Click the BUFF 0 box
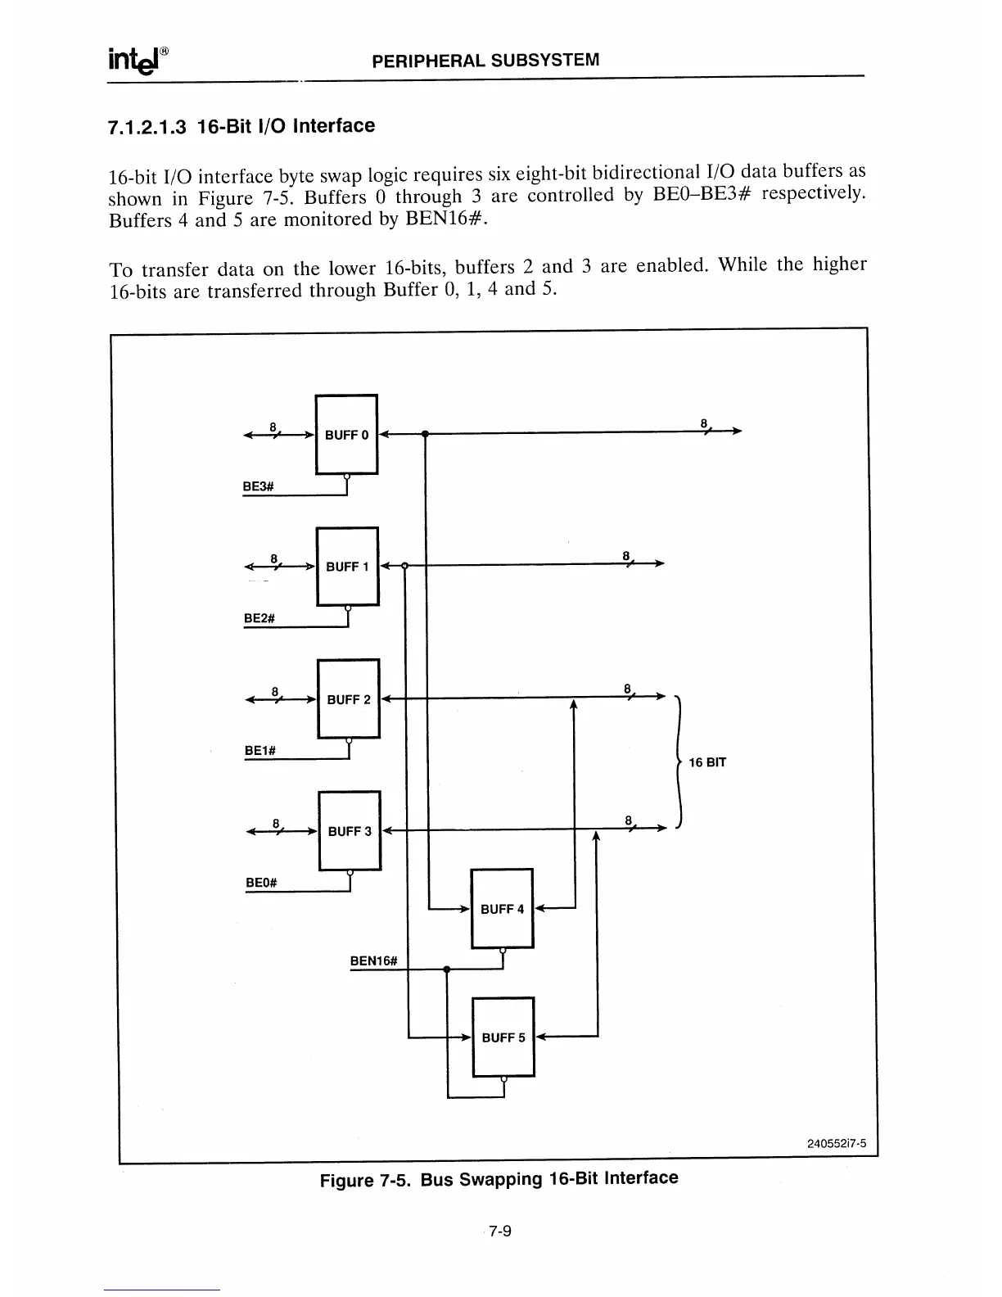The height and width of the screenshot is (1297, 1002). [x=346, y=434]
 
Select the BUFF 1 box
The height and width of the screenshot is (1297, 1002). [x=348, y=567]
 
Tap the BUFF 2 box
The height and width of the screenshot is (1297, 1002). [x=349, y=699]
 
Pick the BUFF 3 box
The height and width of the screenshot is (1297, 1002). [x=350, y=831]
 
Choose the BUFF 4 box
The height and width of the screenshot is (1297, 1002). [x=502, y=909]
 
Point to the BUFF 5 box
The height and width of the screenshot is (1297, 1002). [x=503, y=1037]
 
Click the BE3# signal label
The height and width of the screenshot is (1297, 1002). [x=258, y=486]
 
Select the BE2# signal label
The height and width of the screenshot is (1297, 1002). [x=259, y=618]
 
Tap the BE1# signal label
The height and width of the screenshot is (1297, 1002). [x=260, y=750]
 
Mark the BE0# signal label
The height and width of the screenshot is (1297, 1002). [x=261, y=883]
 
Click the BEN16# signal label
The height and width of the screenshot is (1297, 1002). [x=373, y=960]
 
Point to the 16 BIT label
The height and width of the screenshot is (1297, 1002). [x=707, y=762]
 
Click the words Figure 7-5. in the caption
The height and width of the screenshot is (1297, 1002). [x=367, y=1181]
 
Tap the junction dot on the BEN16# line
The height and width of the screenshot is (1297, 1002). [x=447, y=969]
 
